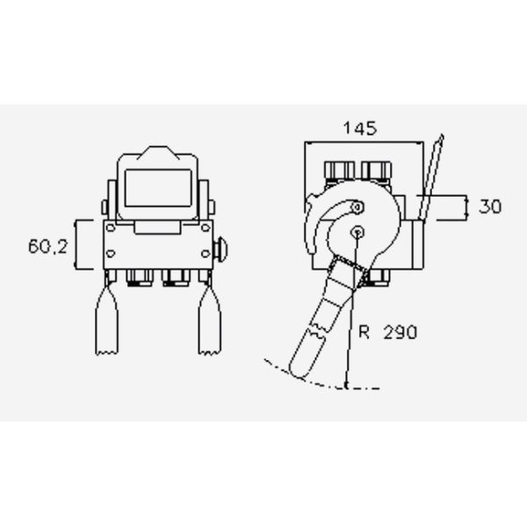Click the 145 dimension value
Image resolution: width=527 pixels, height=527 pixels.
tap(359, 128)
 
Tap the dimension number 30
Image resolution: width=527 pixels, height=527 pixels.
tap(490, 207)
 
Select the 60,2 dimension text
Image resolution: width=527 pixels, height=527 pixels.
tap(47, 247)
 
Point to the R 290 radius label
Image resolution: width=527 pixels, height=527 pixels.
tap(386, 332)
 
